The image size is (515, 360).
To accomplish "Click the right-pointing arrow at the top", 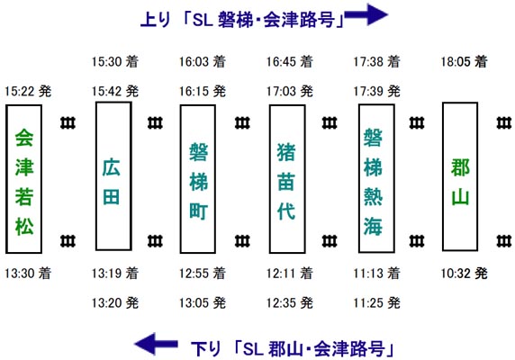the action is [x=366, y=14].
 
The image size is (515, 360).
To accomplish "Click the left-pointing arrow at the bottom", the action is [x=156, y=344].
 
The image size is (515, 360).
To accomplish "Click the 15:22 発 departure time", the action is [x=28, y=91].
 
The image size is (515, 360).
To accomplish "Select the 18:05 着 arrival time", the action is [x=464, y=62].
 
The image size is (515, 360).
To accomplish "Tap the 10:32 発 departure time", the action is [x=464, y=273].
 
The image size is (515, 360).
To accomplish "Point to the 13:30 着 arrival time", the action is [x=28, y=273].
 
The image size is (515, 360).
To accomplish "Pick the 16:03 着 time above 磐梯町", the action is [x=203, y=62].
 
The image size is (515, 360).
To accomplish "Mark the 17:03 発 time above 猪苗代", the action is [x=290, y=91].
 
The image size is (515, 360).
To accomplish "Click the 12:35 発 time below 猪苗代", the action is [x=290, y=302].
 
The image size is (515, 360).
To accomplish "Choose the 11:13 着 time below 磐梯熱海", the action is [x=376, y=273].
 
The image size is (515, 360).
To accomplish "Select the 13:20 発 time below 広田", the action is [x=115, y=302].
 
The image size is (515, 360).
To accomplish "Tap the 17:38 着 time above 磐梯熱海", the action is [x=376, y=62].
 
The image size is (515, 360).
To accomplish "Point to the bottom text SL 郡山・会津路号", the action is [x=313, y=349].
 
